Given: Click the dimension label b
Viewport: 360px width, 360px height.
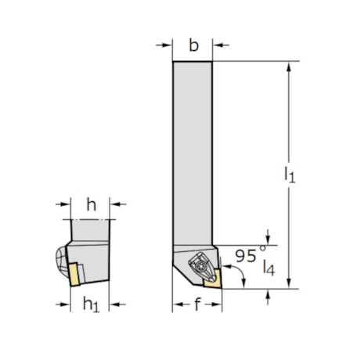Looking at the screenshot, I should point(193,45).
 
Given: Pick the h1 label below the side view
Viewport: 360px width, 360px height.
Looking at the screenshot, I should point(91,305).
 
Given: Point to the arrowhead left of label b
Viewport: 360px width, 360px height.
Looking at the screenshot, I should point(167,45).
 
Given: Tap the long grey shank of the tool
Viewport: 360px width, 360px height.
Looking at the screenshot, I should point(193,149).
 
